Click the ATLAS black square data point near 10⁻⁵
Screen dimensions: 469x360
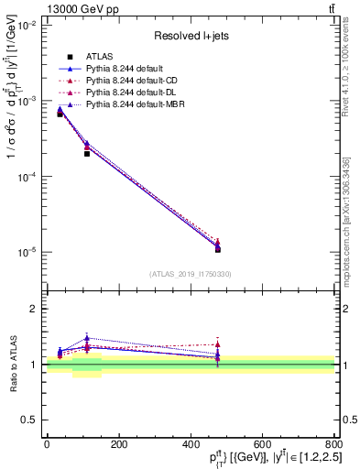click(218, 249)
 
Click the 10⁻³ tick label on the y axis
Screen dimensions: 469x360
click(29, 101)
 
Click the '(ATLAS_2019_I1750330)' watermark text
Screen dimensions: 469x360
click(191, 274)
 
